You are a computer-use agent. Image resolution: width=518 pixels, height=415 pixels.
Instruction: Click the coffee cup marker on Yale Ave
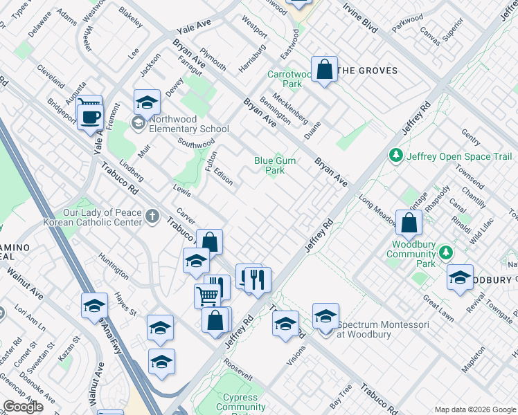[89, 116]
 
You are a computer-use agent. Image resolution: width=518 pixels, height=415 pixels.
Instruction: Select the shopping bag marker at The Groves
[324, 69]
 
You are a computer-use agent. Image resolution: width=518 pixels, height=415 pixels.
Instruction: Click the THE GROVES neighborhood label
[367, 71]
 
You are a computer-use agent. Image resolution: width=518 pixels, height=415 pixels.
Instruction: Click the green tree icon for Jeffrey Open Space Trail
[396, 156]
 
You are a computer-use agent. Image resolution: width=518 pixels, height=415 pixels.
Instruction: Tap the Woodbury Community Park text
[414, 254]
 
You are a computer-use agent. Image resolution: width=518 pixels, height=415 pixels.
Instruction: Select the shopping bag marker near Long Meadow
[409, 223]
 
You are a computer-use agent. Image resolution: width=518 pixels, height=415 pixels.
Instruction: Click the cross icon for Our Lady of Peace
[152, 218]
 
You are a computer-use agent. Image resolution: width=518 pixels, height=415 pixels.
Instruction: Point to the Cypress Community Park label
[240, 402]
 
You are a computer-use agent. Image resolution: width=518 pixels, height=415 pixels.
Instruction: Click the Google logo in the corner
[23, 407]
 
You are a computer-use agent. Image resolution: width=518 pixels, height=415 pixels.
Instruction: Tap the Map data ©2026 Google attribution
[475, 409]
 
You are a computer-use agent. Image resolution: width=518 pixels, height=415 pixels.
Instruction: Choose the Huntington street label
[114, 266]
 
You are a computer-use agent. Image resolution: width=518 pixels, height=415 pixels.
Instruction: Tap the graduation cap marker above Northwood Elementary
[147, 103]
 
